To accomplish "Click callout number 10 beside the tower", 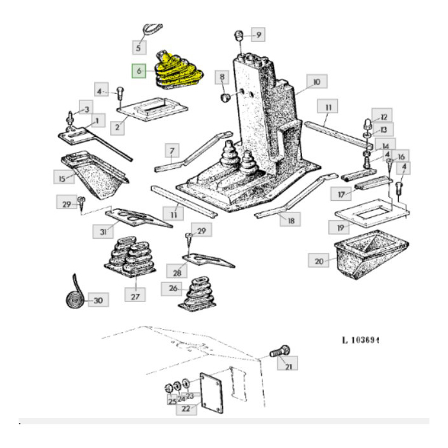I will [x=316, y=81].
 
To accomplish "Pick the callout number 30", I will [x=98, y=300].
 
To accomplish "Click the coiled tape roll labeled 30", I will [x=74, y=296].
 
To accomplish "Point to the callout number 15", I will [x=62, y=179].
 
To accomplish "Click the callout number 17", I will [x=339, y=193].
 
